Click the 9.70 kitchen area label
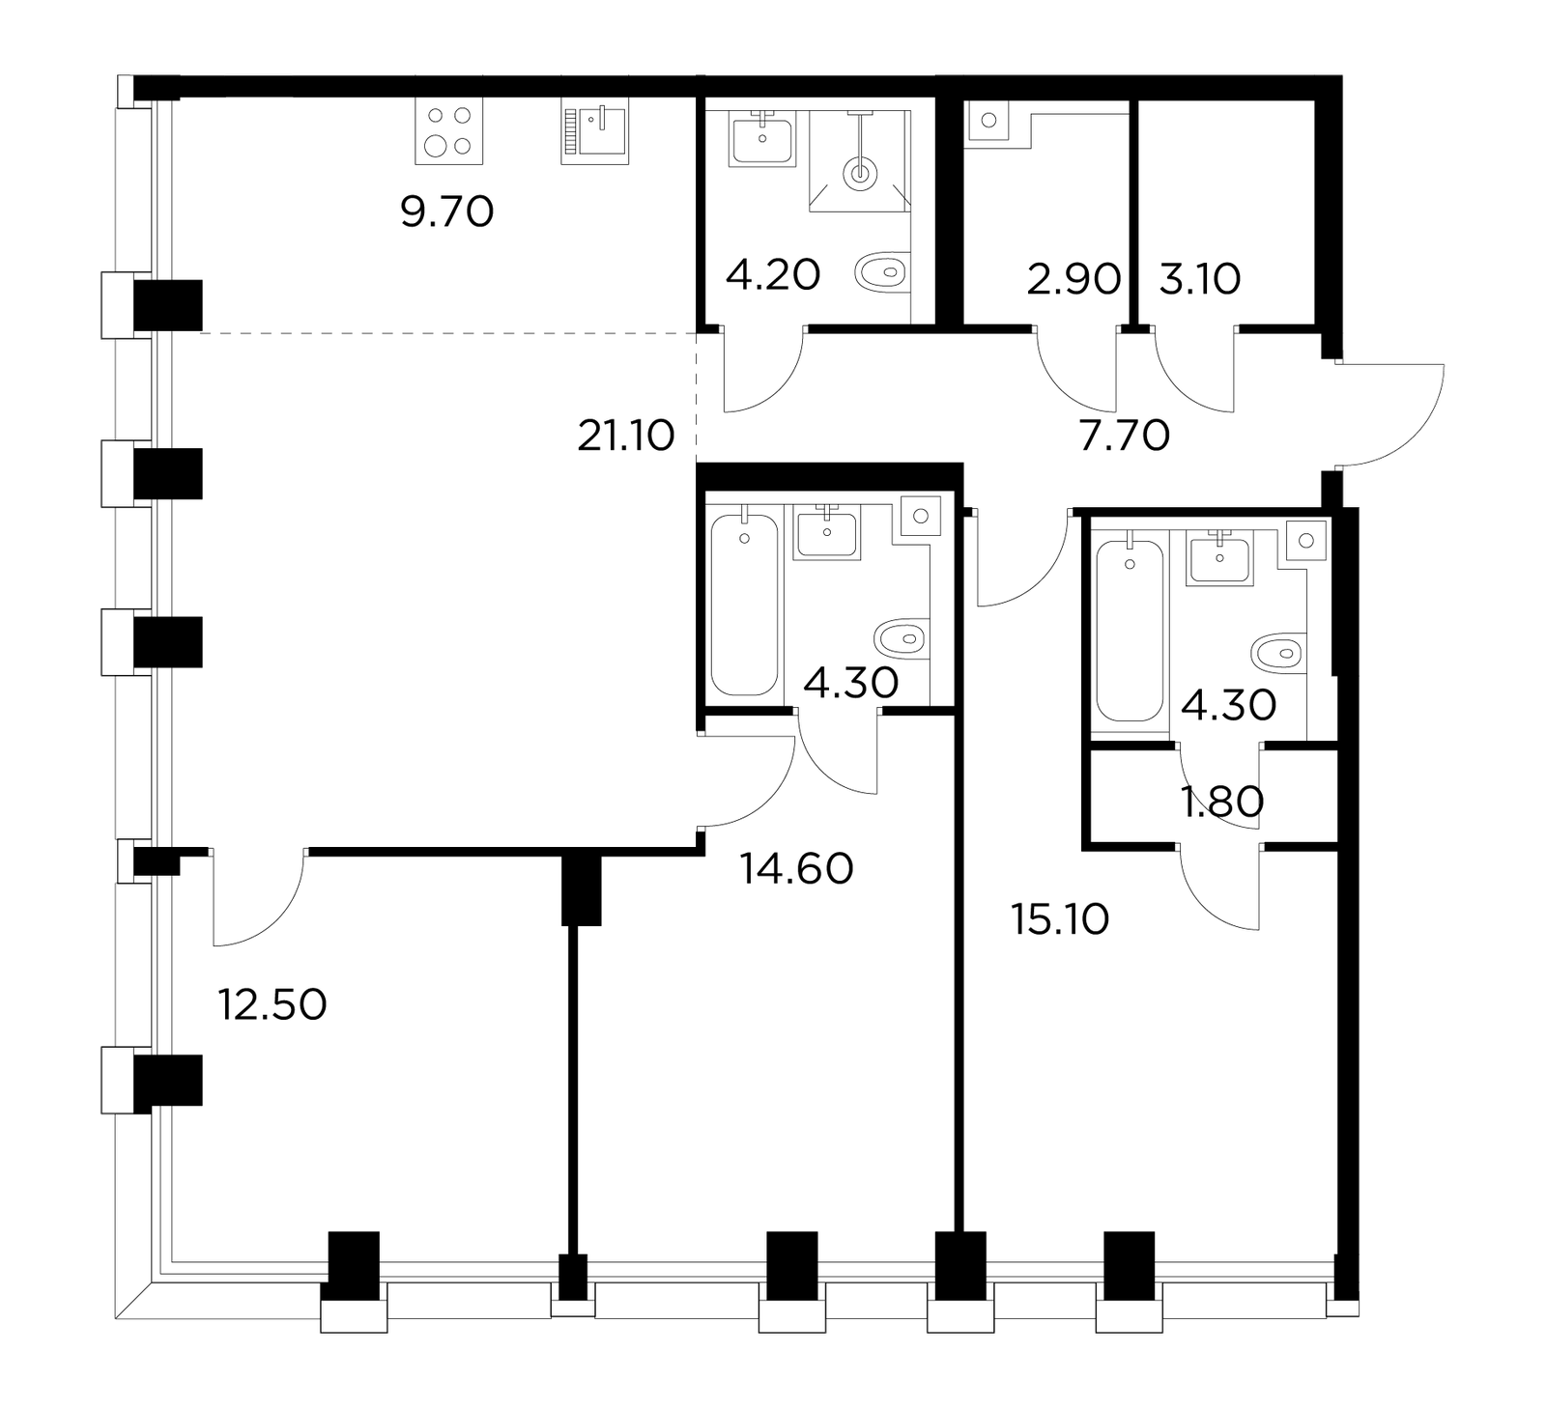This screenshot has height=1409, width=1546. pyautogui.click(x=447, y=211)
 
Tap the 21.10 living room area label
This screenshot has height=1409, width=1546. pyautogui.click(x=626, y=437)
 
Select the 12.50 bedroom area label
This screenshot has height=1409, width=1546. pyautogui.click(x=272, y=1005)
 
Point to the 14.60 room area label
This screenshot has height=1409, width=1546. pyautogui.click(x=797, y=869)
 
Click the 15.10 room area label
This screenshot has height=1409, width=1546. pyautogui.click(x=1060, y=919)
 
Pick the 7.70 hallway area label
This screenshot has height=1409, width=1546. pyautogui.click(x=1124, y=437)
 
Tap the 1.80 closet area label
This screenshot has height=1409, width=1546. pyautogui.click(x=1223, y=802)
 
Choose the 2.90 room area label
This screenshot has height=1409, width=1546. pyautogui.click(x=1074, y=279)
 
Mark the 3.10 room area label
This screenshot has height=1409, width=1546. pyautogui.click(x=1199, y=279)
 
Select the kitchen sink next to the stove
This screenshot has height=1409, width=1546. pyautogui.click(x=595, y=131)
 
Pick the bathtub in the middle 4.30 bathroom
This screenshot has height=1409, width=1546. pyautogui.click(x=744, y=605)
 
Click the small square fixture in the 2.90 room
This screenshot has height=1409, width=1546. pyautogui.click(x=988, y=122)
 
